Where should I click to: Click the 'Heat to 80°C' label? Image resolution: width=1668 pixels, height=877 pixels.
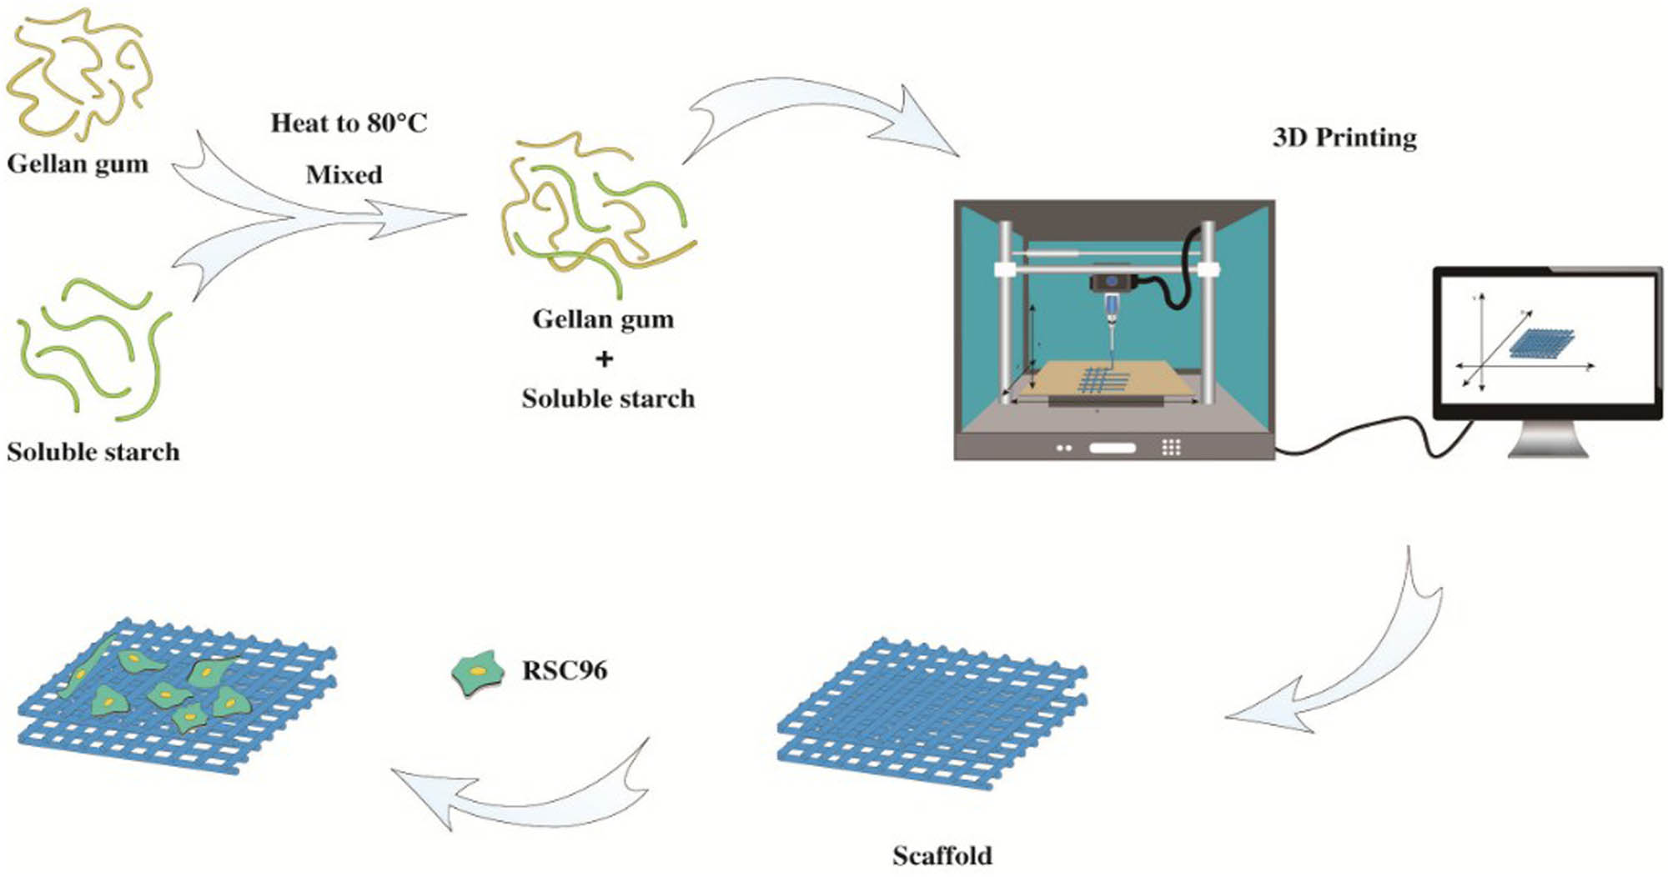(349, 123)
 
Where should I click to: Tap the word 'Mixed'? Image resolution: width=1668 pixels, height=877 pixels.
(344, 175)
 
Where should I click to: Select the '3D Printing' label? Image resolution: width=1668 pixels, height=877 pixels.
(1344, 138)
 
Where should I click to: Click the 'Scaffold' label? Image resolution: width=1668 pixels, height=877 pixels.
(942, 856)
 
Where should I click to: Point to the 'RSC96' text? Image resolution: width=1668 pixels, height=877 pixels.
(565, 670)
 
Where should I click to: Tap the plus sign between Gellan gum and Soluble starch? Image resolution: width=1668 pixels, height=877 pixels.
(605, 358)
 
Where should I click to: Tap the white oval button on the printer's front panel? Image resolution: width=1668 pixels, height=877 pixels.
(1113, 448)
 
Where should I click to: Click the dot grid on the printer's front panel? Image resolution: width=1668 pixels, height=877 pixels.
(1171, 448)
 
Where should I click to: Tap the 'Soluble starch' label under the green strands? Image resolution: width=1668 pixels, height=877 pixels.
(93, 452)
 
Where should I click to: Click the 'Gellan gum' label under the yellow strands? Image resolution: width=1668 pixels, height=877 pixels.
(78, 163)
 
